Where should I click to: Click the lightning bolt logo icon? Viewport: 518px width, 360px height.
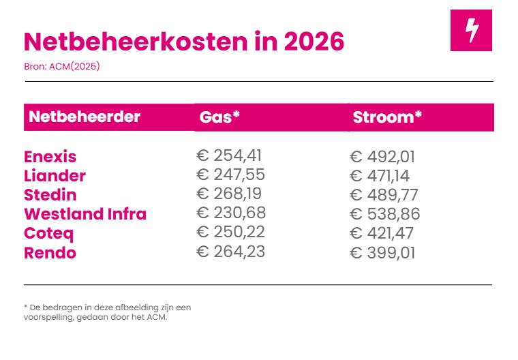(x=471, y=31)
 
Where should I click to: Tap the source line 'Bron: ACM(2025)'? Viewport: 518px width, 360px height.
(x=62, y=66)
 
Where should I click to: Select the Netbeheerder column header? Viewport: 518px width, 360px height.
(x=85, y=117)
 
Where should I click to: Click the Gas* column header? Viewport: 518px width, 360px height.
(x=219, y=117)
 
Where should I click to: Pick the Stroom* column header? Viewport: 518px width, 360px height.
(x=387, y=117)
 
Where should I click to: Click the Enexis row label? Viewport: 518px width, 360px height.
(x=50, y=156)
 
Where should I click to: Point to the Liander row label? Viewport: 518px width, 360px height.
(x=55, y=175)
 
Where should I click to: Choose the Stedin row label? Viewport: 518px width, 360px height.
(x=50, y=195)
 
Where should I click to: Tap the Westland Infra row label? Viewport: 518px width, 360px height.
(x=85, y=214)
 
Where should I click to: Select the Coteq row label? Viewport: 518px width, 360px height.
(x=48, y=234)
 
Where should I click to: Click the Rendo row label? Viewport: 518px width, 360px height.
(x=50, y=253)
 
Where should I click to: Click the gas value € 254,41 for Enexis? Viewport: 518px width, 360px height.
(x=229, y=155)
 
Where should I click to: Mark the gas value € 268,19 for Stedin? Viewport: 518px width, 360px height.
(x=229, y=194)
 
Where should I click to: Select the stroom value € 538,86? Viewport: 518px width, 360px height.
(x=384, y=215)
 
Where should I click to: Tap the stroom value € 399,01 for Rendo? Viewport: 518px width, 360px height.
(x=382, y=254)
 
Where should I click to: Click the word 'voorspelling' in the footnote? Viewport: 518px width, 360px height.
(x=44, y=316)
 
